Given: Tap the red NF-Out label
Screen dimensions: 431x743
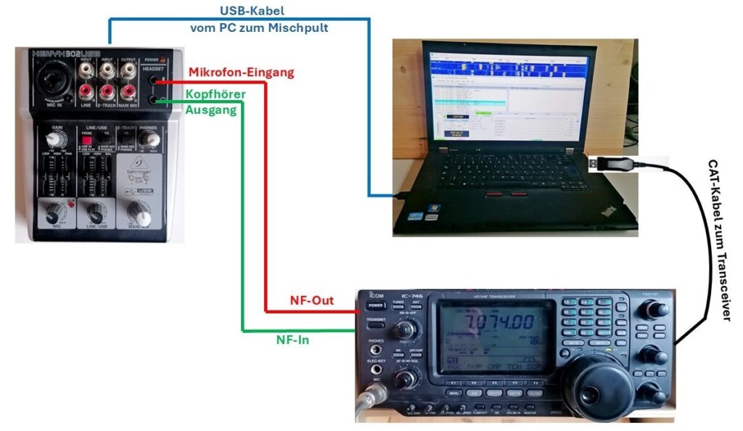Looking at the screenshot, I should (312, 300).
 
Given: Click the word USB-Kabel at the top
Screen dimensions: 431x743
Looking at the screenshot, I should (253, 12).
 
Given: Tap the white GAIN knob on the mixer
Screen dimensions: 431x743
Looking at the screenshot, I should (54, 139).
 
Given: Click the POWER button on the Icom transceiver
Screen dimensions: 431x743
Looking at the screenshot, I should (374, 306).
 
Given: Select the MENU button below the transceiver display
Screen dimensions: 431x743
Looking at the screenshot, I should (453, 393).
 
